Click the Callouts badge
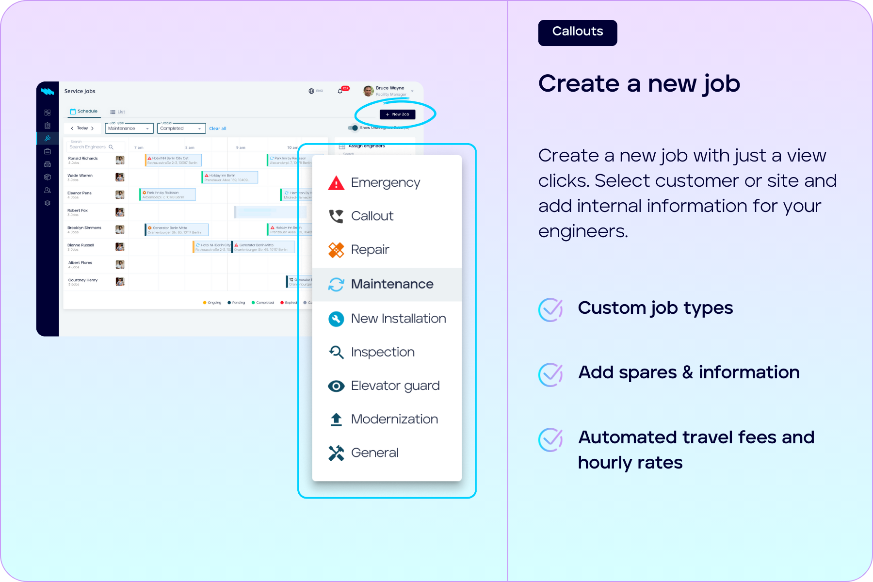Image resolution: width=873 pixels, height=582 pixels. (x=577, y=32)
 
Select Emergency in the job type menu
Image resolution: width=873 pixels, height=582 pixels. (x=385, y=183)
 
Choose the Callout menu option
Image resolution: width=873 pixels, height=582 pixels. (x=372, y=216)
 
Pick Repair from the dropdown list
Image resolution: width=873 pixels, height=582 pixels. (x=370, y=250)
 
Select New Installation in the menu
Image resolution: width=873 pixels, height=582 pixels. (x=398, y=319)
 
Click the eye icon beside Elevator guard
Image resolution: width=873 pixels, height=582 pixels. (x=336, y=386)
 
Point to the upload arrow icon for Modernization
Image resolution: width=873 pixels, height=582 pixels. (x=336, y=420)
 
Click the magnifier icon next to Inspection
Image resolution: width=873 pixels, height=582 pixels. (x=336, y=352)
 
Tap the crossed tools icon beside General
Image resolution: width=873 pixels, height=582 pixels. (x=336, y=453)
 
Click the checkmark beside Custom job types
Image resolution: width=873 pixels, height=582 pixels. (x=550, y=309)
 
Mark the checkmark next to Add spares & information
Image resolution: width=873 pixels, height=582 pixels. (x=550, y=374)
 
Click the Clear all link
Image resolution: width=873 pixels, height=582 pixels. (x=218, y=129)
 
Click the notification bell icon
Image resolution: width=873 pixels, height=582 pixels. (x=340, y=91)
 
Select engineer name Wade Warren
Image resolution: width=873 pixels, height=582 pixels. (x=80, y=176)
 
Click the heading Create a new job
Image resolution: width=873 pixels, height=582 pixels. (x=639, y=84)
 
